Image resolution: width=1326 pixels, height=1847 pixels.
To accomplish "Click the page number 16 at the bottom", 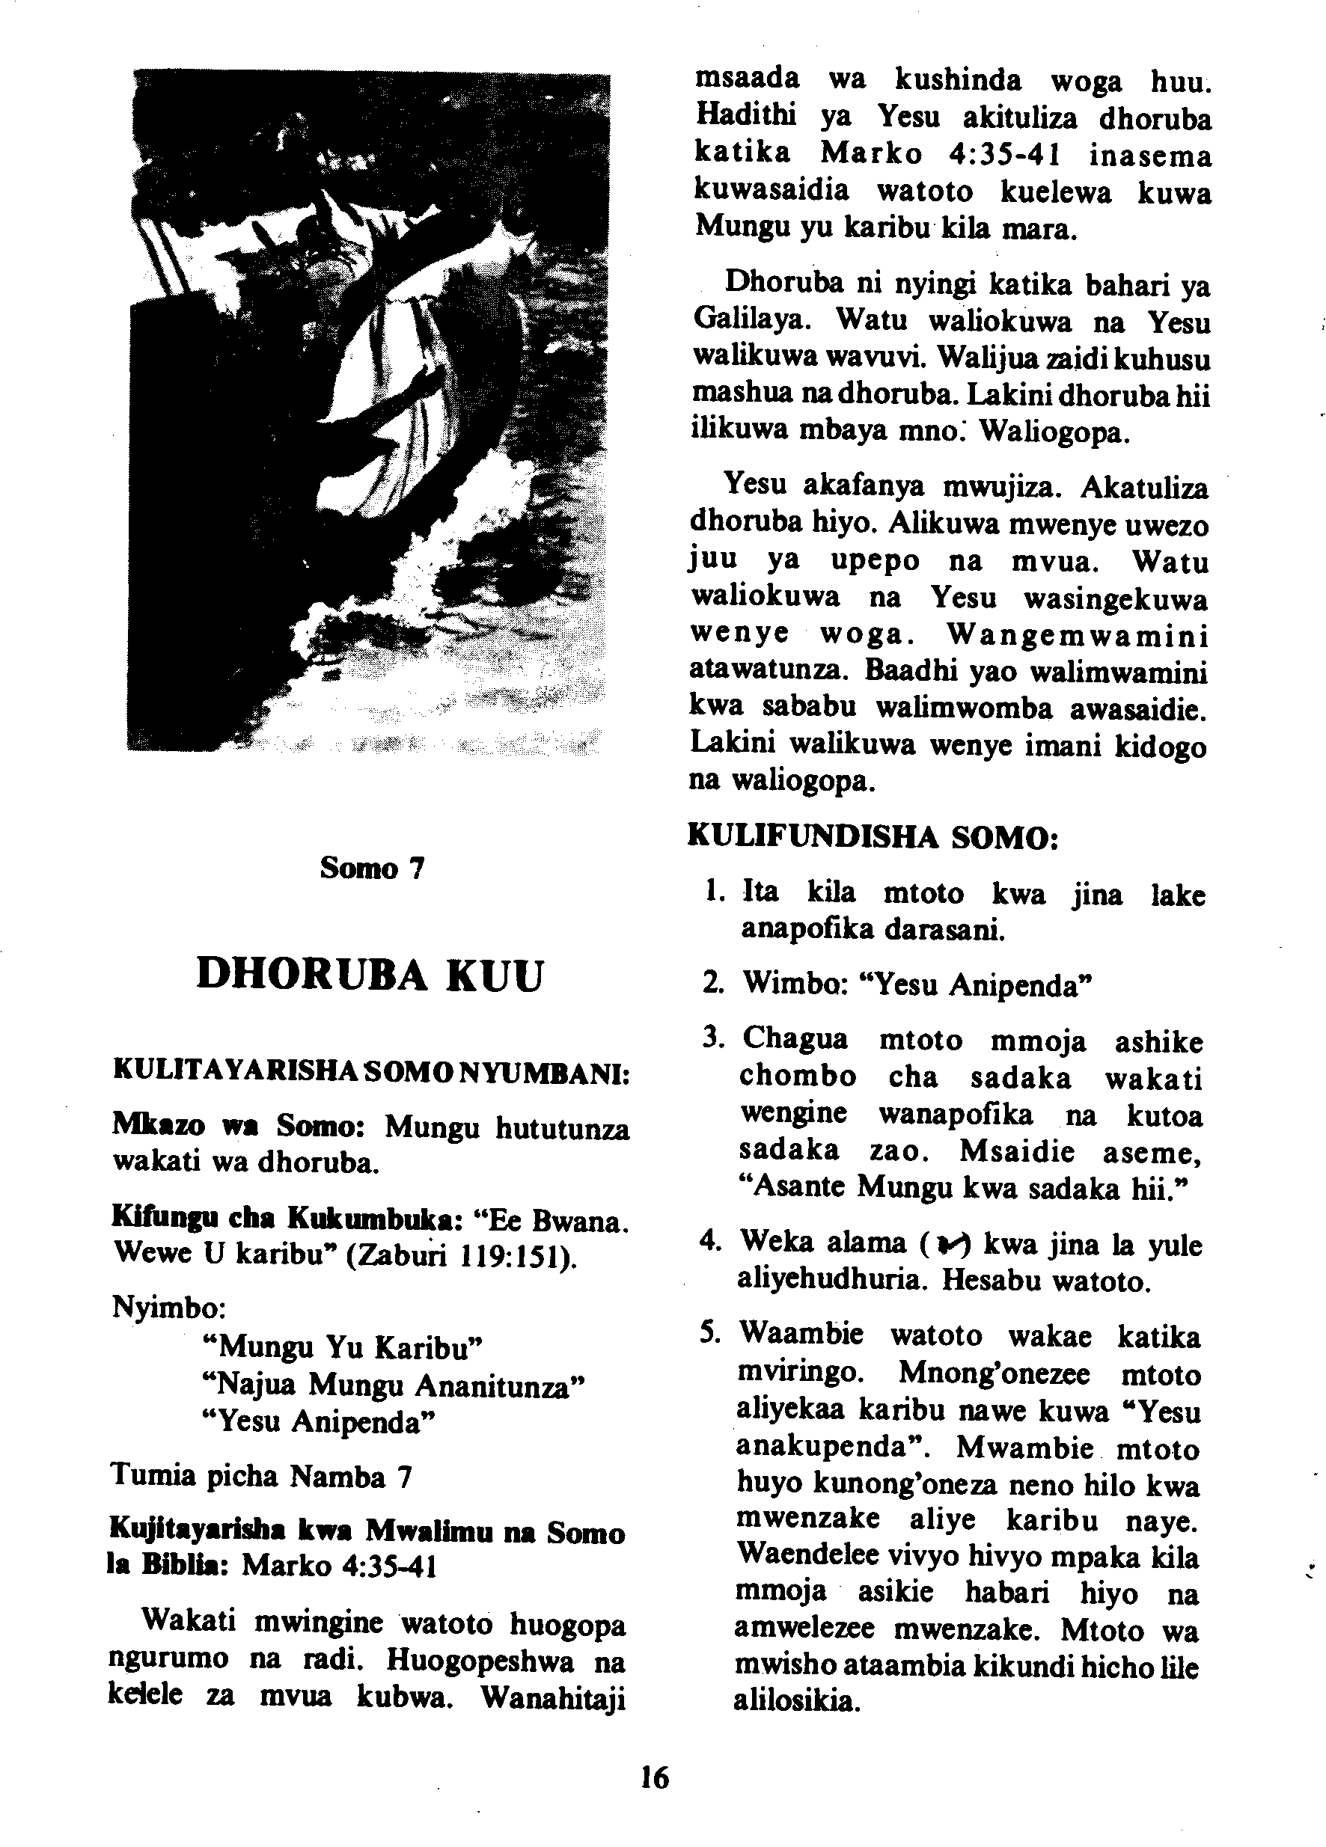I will pos(654,1776).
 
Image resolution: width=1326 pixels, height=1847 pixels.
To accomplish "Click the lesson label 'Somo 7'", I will pos(372,868).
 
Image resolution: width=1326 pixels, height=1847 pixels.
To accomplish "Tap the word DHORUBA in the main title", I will pos(312,974).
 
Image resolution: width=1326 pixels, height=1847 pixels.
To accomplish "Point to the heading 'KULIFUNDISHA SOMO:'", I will pos(873,836).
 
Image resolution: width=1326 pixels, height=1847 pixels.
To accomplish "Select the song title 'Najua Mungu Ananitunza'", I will pos(394,1385).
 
